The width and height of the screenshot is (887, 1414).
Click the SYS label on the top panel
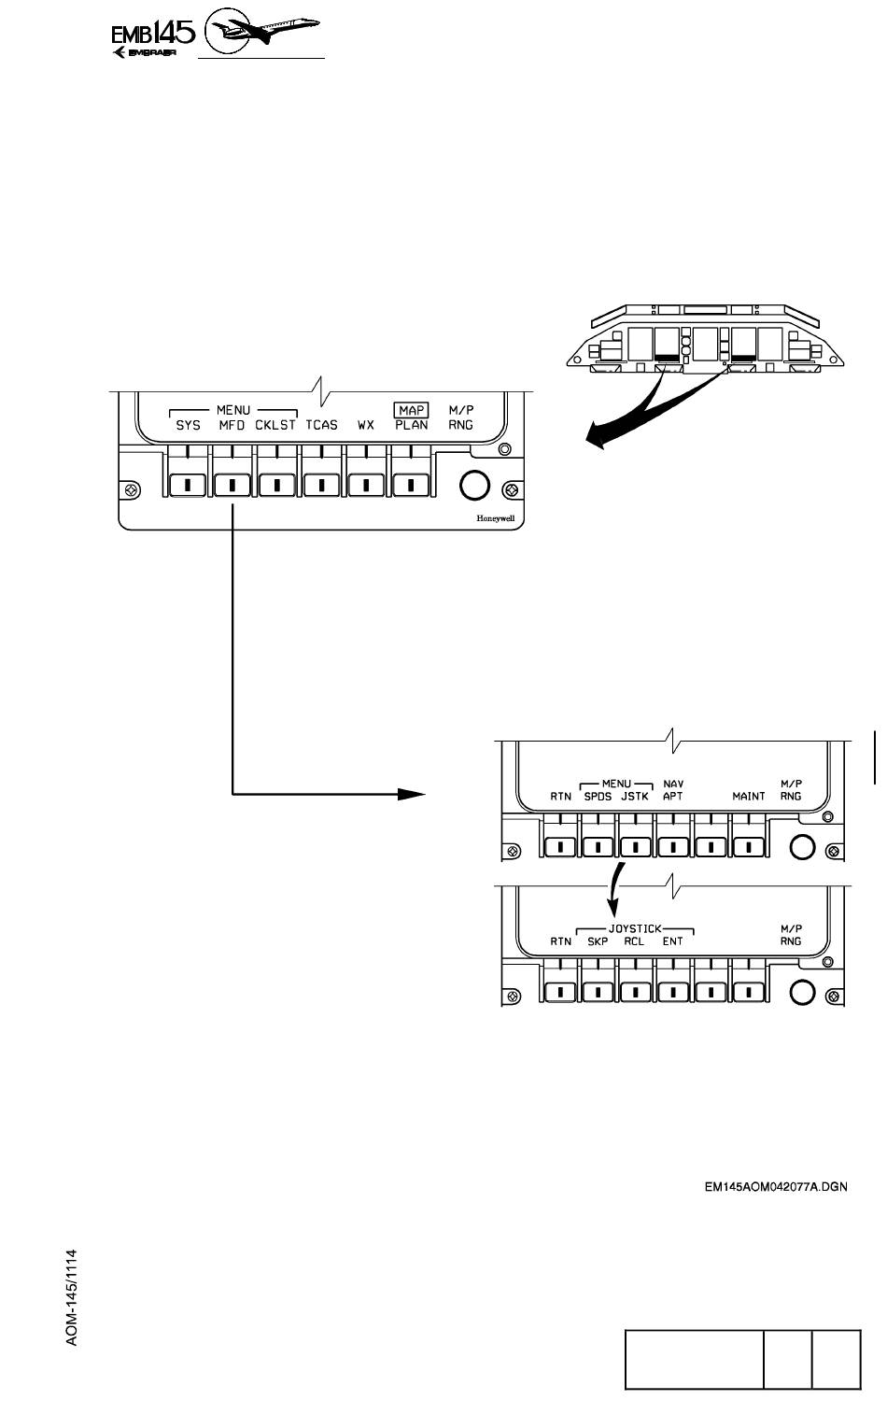point(189,425)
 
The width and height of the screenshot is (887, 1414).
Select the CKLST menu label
point(275,425)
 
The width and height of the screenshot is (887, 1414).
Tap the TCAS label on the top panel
point(322,425)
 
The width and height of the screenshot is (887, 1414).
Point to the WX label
point(366,425)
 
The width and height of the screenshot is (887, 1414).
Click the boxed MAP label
point(412,410)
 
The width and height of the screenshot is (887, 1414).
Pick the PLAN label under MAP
point(412,425)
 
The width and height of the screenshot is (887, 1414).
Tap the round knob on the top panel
point(474,485)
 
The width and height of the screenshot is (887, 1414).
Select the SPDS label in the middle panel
point(598,797)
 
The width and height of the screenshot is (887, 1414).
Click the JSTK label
point(635,797)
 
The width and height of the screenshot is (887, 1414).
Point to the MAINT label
point(749,797)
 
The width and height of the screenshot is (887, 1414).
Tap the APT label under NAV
point(673,797)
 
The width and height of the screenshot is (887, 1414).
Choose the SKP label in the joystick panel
point(598,941)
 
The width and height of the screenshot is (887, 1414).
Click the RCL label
point(634,941)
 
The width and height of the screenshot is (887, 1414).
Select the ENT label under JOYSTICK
point(672,941)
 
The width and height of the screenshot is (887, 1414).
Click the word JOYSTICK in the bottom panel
point(635,929)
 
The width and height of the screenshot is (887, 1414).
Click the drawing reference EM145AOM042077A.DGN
point(776,1189)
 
